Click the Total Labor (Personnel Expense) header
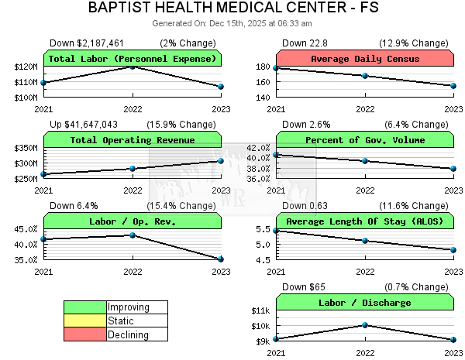(133, 59)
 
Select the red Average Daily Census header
(365, 59)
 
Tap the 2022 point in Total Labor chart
(133, 67)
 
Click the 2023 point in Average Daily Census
(453, 86)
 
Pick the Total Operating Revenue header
(133, 140)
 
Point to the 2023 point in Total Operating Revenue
(221, 161)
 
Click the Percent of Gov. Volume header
(365, 140)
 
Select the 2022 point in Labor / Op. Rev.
(133, 235)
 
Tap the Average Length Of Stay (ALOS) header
(365, 221)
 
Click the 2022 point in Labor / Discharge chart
(365, 325)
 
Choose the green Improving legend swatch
(85, 307)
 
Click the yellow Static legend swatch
(85, 321)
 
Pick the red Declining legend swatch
(85, 334)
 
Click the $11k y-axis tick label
(260, 310)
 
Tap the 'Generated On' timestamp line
(233, 25)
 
